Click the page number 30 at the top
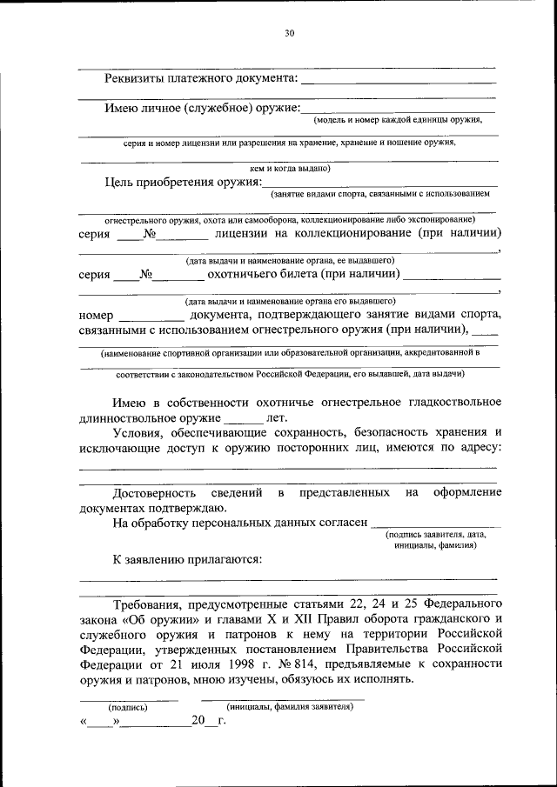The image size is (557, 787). pyautogui.click(x=290, y=33)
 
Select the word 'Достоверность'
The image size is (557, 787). pyautogui.click(x=154, y=493)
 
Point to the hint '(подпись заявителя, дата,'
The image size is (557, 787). pyautogui.click(x=435, y=535)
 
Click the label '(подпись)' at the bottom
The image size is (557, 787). pyautogui.click(x=128, y=707)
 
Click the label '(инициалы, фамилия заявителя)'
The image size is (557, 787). pyautogui.click(x=289, y=707)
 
